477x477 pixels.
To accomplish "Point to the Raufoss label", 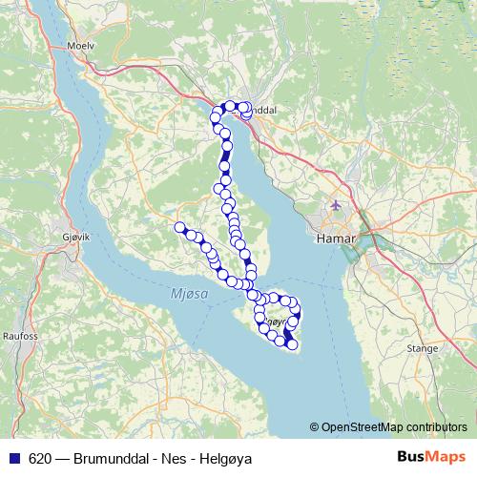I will (20, 336).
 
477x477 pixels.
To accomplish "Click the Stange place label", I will (423, 349).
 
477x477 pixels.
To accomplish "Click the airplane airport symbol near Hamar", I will (335, 205).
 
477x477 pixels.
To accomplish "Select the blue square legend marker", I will (13, 458).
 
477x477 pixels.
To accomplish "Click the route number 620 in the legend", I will (40, 458).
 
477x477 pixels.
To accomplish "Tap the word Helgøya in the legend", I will (226, 458).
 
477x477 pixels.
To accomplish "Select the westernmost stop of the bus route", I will (178, 226).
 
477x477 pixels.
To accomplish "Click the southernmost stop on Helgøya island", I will (292, 344).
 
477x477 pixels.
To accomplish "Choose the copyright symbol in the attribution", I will (314, 426).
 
